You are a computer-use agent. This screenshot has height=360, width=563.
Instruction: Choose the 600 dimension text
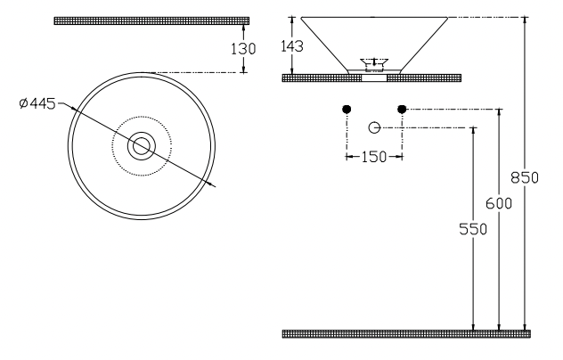[x=504, y=202]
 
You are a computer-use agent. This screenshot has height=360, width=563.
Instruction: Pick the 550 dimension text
[x=477, y=229]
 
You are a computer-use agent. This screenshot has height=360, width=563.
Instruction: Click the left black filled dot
[x=347, y=110]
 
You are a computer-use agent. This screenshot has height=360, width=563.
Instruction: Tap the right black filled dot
[x=402, y=110]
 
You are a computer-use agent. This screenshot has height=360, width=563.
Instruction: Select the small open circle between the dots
[x=374, y=127]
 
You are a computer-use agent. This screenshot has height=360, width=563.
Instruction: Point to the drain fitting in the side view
[x=374, y=64]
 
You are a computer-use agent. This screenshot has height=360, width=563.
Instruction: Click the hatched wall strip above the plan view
[x=151, y=20]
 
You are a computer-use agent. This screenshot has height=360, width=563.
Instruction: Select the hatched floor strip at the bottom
[x=405, y=334]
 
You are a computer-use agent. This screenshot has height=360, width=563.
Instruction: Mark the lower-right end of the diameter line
[x=216, y=185]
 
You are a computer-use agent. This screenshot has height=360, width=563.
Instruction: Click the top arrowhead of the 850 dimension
[x=526, y=21]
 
